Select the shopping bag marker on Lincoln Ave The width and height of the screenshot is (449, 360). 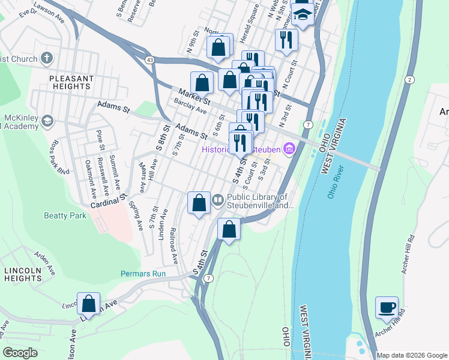[88, 304]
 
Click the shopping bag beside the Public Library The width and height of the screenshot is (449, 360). [199, 203]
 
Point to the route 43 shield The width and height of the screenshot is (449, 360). [149, 59]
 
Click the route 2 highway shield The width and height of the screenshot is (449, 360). [409, 80]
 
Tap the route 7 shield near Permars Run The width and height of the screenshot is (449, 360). [208, 278]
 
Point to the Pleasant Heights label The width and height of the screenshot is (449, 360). [71, 82]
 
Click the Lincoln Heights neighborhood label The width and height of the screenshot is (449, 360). [22, 275]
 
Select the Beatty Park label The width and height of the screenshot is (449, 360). [65, 215]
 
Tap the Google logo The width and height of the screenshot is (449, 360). [20, 353]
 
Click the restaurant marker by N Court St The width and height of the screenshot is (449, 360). [286, 40]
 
